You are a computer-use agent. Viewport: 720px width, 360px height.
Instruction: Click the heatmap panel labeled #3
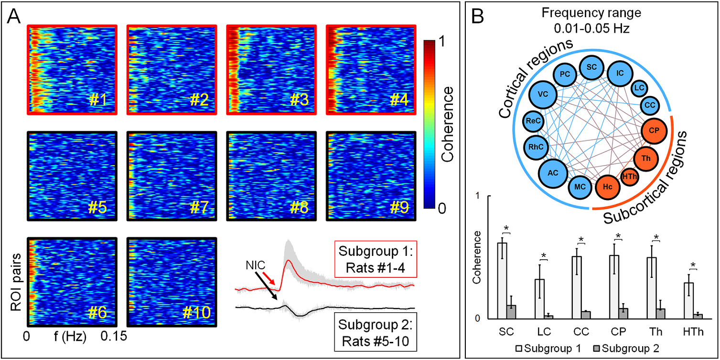tap(270, 69)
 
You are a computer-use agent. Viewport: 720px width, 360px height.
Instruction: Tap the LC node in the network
tap(639, 87)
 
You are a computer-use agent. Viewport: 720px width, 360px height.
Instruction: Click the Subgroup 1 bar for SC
tap(502, 280)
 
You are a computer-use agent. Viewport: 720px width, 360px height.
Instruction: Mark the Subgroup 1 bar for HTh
tap(688, 300)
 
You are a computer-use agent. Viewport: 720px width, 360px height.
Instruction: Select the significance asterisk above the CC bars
tap(581, 239)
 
